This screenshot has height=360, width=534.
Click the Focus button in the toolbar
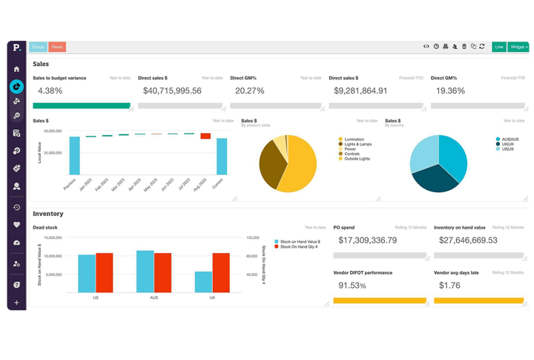tap(39, 46)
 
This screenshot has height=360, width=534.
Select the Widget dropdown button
tap(518, 46)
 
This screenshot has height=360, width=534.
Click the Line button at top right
tap(499, 46)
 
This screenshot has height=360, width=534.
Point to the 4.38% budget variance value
tap(50, 91)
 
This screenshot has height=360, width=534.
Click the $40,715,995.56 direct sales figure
tap(172, 91)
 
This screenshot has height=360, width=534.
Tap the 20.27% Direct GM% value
tap(249, 91)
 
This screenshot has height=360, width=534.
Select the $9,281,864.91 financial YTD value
tap(360, 91)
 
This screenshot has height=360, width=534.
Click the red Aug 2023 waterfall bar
tap(205, 136)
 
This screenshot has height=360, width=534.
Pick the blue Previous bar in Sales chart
tap(74, 155)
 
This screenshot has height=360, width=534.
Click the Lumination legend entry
tap(354, 139)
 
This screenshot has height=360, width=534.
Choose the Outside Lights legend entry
tap(357, 159)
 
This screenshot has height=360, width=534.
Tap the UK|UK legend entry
tap(508, 144)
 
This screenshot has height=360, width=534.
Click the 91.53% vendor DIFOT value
tap(353, 284)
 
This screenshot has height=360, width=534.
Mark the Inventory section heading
tap(47, 214)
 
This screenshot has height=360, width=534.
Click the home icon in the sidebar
tap(16, 68)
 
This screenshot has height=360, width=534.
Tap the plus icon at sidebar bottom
tap(16, 303)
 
